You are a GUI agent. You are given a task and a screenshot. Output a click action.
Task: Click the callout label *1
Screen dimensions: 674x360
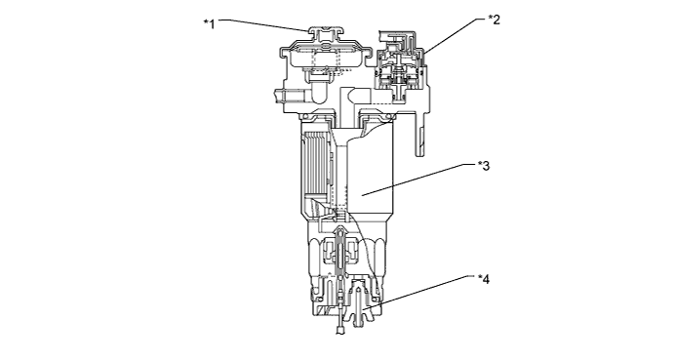(210, 23)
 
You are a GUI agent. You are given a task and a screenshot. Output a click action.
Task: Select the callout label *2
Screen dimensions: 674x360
(495, 20)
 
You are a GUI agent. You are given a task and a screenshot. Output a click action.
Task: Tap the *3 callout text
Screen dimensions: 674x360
(484, 166)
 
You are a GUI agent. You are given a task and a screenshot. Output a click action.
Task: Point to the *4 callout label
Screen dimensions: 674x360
(484, 280)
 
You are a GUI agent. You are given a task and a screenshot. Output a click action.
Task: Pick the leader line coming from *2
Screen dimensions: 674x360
(455, 35)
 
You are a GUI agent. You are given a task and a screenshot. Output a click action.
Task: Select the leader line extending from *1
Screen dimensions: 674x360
(264, 24)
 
